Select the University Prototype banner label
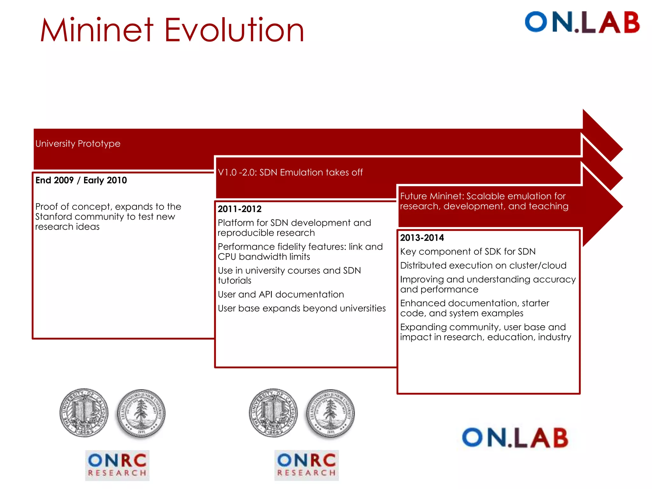pos(78,144)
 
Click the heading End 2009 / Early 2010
pos(81,180)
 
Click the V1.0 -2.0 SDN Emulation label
pos(290,173)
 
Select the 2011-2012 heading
pos(239,209)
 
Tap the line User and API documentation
pos(280,294)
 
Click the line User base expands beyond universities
pos(301,308)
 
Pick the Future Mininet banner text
pos(484,201)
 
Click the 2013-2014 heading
pos(422,238)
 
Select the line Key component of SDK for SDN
pos(468,252)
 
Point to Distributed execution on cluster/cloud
pos(483,266)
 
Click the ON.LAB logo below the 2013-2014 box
pos(515,438)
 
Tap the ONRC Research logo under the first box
pos(117,465)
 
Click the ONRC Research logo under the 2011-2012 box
pos(306,465)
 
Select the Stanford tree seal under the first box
pos(141,413)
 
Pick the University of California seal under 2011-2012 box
pos(273,413)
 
